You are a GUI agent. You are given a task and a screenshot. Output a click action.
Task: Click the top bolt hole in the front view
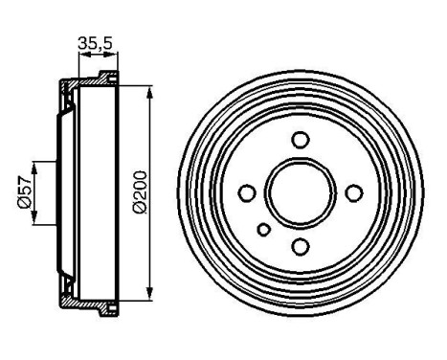301,140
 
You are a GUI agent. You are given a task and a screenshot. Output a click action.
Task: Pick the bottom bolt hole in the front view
301,248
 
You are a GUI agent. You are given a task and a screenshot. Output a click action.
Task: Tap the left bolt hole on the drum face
246,193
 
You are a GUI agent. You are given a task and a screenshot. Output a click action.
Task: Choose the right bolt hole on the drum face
355,193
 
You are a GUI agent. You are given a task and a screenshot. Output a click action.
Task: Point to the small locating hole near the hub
264,229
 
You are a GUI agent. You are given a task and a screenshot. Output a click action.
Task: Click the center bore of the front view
301,193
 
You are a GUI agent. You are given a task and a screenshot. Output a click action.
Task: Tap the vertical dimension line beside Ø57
35,191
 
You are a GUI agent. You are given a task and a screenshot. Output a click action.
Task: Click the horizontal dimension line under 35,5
94,55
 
